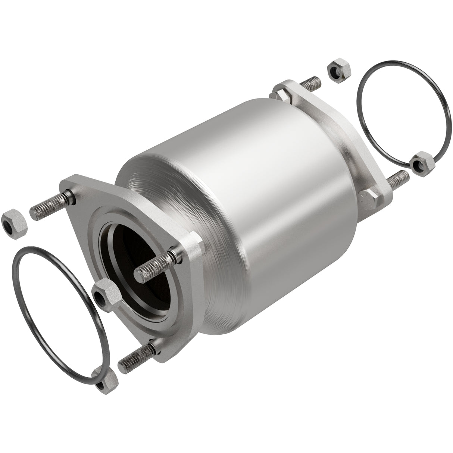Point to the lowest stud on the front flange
tap(136, 356)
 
